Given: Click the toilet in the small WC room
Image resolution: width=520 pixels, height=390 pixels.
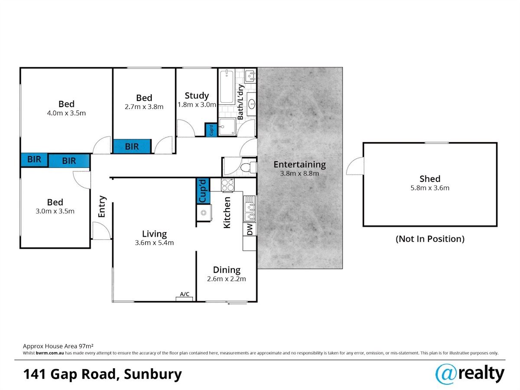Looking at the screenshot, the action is (x=248, y=167).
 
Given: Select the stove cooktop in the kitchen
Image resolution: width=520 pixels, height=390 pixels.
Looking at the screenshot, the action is (x=227, y=185).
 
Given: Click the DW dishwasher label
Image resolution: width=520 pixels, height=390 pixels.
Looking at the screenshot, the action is (x=250, y=229).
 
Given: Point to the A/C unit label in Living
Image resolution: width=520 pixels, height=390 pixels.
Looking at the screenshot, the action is (x=185, y=294).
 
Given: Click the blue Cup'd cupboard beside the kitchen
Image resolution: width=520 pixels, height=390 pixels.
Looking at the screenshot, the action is (x=203, y=191).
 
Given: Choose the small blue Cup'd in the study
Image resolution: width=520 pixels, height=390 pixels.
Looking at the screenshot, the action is (x=211, y=130).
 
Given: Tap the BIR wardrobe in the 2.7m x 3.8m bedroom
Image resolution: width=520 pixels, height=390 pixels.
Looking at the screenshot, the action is (x=132, y=146).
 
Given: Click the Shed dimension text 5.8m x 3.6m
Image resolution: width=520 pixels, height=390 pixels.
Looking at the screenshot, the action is (x=430, y=188).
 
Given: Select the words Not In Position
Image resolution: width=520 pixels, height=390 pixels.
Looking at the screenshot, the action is (x=430, y=239).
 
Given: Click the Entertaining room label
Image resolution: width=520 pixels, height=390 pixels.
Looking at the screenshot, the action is (x=300, y=164).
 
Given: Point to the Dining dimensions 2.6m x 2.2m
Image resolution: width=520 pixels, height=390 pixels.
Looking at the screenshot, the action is (x=227, y=279).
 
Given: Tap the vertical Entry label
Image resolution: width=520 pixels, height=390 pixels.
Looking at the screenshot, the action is (x=102, y=206).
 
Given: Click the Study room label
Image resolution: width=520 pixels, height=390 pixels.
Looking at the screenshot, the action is (x=197, y=96).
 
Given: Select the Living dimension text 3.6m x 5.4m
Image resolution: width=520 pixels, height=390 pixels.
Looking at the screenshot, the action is (x=154, y=243).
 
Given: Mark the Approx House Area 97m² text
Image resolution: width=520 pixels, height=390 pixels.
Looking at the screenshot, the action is (x=58, y=346).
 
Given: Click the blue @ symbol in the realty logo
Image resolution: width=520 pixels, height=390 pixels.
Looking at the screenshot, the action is (x=446, y=374).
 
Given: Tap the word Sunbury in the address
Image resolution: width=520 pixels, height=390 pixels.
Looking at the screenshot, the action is (x=153, y=374).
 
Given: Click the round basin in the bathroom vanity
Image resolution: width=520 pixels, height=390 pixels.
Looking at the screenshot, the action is (x=252, y=104).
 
